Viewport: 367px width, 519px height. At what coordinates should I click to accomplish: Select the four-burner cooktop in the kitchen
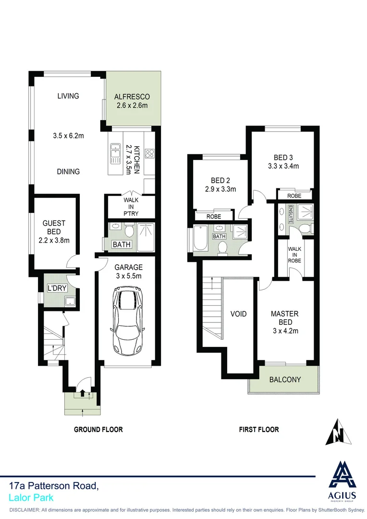pyautogui.click(x=149, y=154)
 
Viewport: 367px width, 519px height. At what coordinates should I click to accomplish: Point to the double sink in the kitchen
pyautogui.click(x=115, y=154)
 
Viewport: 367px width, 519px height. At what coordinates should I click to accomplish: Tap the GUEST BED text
pyautogui.click(x=54, y=227)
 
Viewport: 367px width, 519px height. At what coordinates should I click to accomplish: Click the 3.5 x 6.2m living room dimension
pyautogui.click(x=68, y=136)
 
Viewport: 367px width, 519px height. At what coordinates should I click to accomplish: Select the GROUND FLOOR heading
pyautogui.click(x=98, y=429)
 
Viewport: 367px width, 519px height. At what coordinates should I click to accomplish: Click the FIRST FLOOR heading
pyautogui.click(x=259, y=429)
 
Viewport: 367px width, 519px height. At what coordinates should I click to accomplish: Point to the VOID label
pyautogui.click(x=238, y=314)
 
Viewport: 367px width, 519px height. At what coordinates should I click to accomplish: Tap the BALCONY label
pyautogui.click(x=285, y=380)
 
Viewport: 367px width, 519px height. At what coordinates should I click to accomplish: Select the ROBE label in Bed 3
pyautogui.click(x=294, y=196)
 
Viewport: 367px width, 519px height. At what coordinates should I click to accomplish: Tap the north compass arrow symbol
pyautogui.click(x=338, y=432)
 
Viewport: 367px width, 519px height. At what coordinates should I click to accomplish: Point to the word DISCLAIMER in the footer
pyautogui.click(x=24, y=510)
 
